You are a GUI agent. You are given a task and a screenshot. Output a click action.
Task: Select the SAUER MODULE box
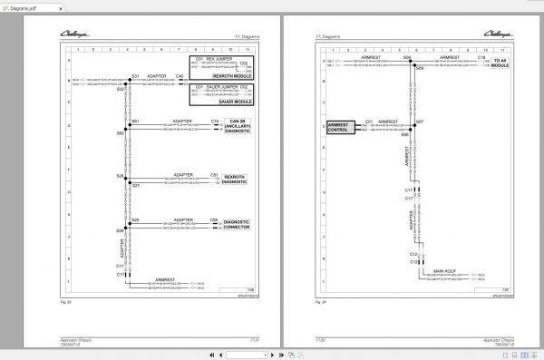point(220,92)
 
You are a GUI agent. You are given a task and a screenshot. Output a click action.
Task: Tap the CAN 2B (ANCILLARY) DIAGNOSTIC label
point(236,127)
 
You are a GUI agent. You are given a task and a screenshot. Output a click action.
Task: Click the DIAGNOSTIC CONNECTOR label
point(236,223)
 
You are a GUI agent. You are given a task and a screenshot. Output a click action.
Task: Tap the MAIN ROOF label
point(444,271)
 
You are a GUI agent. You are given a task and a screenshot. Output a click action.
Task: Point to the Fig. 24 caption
point(320,297)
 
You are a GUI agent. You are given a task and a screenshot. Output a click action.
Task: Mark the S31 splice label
point(134,75)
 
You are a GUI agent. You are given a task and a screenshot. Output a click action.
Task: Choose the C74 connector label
point(215,121)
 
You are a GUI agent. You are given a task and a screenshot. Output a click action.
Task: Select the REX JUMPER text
point(220,57)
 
